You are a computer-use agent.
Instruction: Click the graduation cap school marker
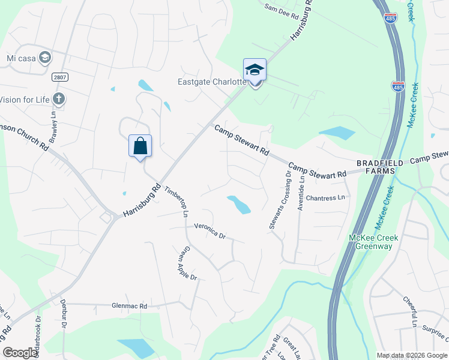point(255,70)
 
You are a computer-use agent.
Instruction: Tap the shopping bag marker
point(140,146)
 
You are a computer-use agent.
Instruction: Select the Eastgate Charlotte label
point(212,82)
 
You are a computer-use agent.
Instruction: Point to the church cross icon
point(58,98)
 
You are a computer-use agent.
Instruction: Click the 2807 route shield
point(59,77)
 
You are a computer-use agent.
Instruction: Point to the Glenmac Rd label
point(129,306)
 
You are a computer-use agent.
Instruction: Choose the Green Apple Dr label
point(187,263)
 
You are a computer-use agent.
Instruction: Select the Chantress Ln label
point(326,197)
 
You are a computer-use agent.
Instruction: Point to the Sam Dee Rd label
point(282,11)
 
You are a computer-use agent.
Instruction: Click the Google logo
point(20,353)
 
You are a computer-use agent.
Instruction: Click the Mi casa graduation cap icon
point(44,58)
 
